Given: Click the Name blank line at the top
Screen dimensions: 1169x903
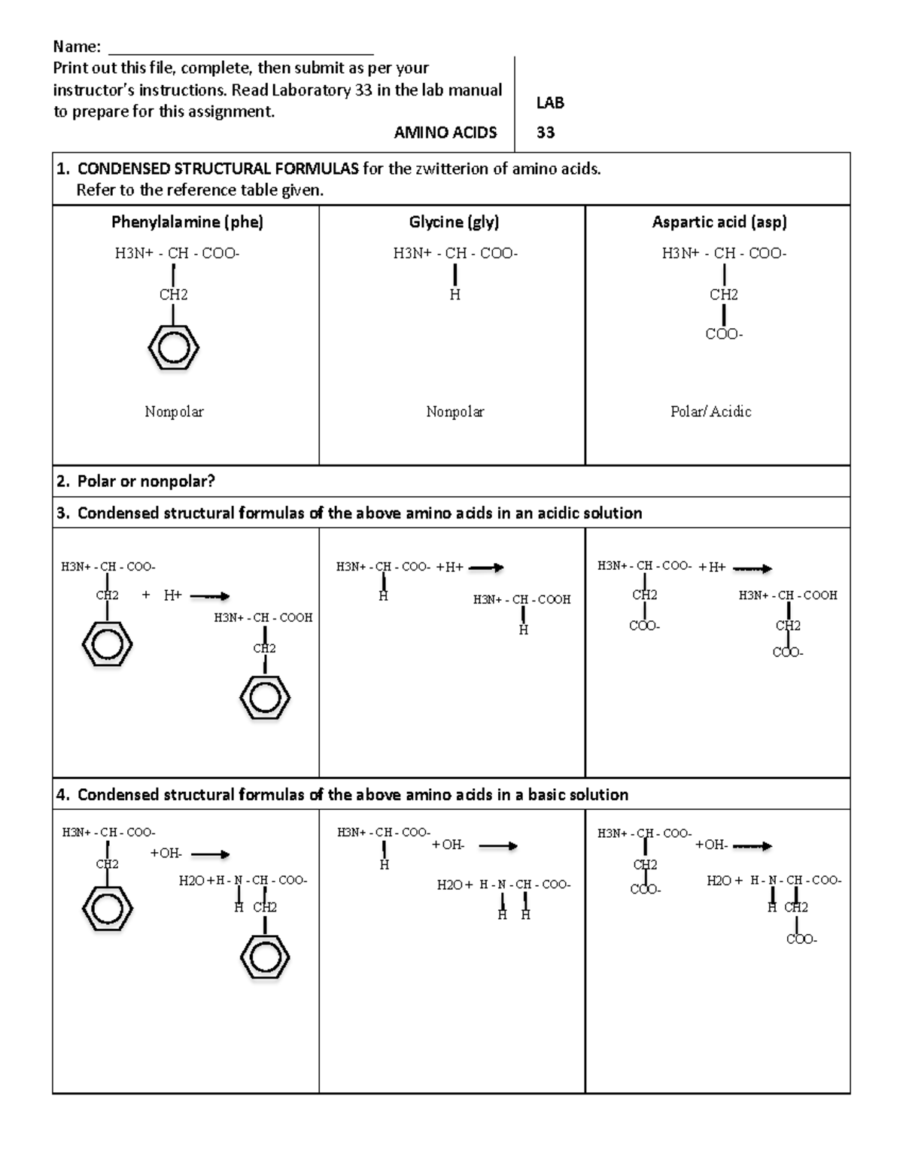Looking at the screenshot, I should [x=241, y=53].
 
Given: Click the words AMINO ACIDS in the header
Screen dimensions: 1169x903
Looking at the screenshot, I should [x=445, y=133].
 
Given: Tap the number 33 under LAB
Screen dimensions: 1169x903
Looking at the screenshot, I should [x=546, y=133].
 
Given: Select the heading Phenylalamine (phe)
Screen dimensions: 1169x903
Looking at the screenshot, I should [x=187, y=222].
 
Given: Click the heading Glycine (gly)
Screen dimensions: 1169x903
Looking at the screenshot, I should [x=454, y=222].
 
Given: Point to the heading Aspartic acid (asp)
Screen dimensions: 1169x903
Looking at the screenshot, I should [x=719, y=222].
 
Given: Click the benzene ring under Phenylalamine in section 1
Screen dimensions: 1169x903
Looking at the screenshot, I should [x=174, y=348].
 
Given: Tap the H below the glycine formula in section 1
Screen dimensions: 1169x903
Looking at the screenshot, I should [x=455, y=295].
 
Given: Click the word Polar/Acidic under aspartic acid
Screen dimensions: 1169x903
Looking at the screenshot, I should [x=710, y=412].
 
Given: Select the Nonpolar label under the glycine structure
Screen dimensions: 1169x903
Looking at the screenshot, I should [x=455, y=412].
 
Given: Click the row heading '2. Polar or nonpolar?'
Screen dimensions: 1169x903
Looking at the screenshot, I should [x=135, y=482].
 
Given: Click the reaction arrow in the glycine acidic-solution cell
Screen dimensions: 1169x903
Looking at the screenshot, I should [x=486, y=568].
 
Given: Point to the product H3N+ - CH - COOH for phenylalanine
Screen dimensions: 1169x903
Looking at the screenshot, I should [x=263, y=618].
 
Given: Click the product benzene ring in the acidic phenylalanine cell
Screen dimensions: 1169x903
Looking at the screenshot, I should [x=265, y=698].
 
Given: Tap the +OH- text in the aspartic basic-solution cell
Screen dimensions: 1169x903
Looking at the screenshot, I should [x=711, y=845].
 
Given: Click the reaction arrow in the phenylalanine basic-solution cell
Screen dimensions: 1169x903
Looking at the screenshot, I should [x=210, y=854].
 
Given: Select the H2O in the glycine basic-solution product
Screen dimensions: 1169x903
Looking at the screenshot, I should [x=450, y=885].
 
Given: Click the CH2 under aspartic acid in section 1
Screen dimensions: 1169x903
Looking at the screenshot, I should [x=723, y=295].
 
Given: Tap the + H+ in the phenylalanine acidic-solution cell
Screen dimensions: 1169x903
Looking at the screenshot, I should [x=162, y=595].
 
